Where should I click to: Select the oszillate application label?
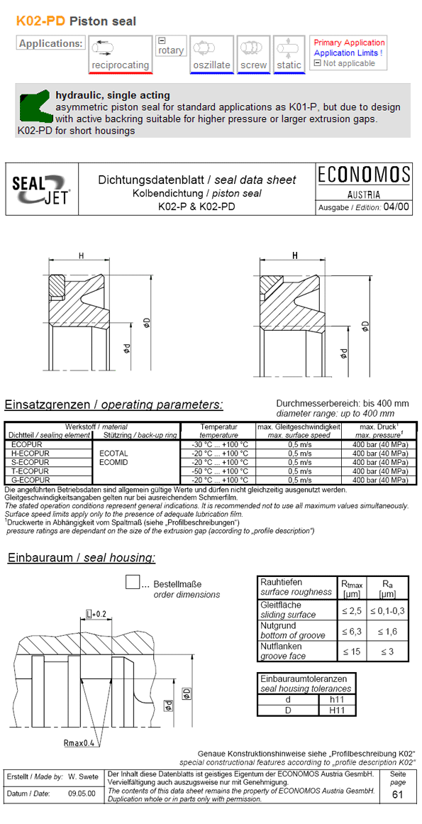click(211, 65)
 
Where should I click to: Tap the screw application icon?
click(252, 48)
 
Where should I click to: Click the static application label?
click(289, 65)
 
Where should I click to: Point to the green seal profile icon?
click(33, 107)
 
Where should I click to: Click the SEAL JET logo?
click(42, 189)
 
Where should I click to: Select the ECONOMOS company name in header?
click(364, 175)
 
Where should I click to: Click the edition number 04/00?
click(396, 207)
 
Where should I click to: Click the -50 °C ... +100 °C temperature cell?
click(219, 471)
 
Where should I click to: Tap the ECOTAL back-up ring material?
click(113, 452)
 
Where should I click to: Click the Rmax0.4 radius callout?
click(78, 743)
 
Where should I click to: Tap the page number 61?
click(396, 794)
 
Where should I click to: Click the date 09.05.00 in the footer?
click(82, 793)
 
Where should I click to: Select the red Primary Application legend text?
click(349, 43)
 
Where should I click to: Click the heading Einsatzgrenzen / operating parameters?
click(113, 405)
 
